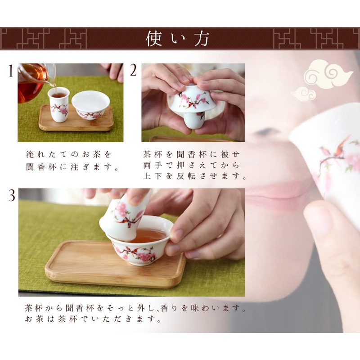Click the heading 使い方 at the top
[x=178, y=39]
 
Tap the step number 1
[x=10, y=72]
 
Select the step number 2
[x=134, y=71]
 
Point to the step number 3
[x=11, y=195]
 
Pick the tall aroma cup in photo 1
[x=59, y=105]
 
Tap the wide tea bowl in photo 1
[x=90, y=105]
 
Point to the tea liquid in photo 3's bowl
[x=149, y=235]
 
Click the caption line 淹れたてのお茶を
[x=68, y=154]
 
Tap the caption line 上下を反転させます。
[x=194, y=176]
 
